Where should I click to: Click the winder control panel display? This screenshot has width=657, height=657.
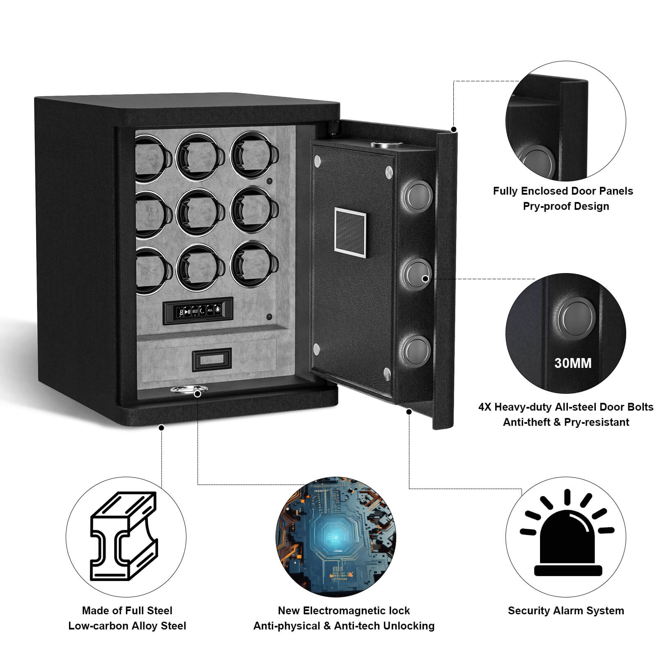click(x=198, y=311)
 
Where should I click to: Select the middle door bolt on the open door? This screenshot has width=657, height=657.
click(x=416, y=273)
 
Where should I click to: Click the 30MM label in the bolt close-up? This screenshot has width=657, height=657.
click(x=573, y=363)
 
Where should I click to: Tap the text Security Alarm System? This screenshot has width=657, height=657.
click(x=566, y=611)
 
